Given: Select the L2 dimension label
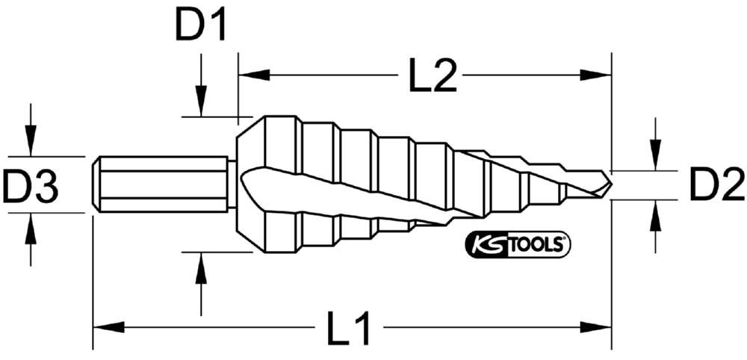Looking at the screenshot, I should (433, 75).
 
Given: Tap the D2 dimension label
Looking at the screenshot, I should (716, 185).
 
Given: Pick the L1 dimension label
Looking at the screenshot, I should (349, 328).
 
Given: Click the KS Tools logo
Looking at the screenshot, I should (518, 244).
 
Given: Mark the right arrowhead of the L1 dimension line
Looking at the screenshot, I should (597, 326).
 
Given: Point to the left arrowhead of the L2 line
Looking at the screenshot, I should (252, 75).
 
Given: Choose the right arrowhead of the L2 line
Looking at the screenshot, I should (597, 75).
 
